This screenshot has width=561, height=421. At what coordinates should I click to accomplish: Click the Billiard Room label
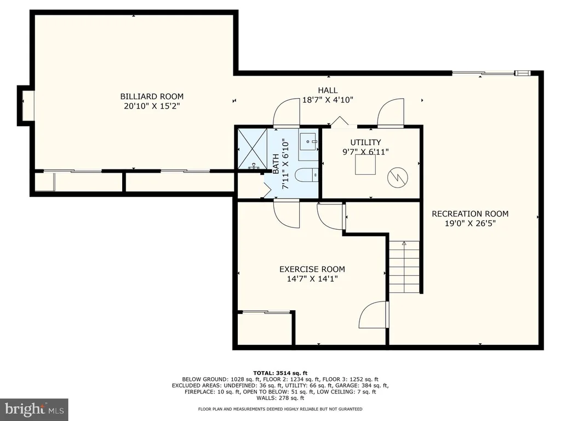click(x=152, y=96)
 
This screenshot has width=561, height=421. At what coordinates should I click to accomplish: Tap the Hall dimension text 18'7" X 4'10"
click(x=328, y=100)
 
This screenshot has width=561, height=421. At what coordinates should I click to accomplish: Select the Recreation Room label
click(x=470, y=214)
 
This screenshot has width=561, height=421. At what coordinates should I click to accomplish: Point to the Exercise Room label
click(x=312, y=269)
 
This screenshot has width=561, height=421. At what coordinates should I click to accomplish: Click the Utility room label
click(x=365, y=142)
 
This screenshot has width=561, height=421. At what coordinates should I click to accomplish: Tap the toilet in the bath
click(x=307, y=175)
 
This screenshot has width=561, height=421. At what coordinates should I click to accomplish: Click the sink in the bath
click(x=308, y=142)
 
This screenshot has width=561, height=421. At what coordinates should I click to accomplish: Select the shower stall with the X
click(x=253, y=148)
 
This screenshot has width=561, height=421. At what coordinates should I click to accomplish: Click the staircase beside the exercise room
click(x=404, y=266)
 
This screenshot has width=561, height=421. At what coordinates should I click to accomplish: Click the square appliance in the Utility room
click(x=365, y=164)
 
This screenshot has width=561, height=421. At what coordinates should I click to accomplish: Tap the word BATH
click(x=276, y=164)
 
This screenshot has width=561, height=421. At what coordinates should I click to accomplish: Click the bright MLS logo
click(x=34, y=409)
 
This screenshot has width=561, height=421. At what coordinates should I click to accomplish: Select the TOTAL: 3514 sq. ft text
click(x=280, y=373)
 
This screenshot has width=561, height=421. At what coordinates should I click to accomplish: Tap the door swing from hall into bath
click(x=286, y=112)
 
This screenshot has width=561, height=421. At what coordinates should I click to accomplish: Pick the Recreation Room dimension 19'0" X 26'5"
click(x=470, y=224)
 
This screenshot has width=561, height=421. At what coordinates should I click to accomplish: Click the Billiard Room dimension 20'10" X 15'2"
click(x=152, y=106)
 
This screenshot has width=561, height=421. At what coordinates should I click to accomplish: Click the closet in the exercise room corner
click(x=265, y=328)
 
